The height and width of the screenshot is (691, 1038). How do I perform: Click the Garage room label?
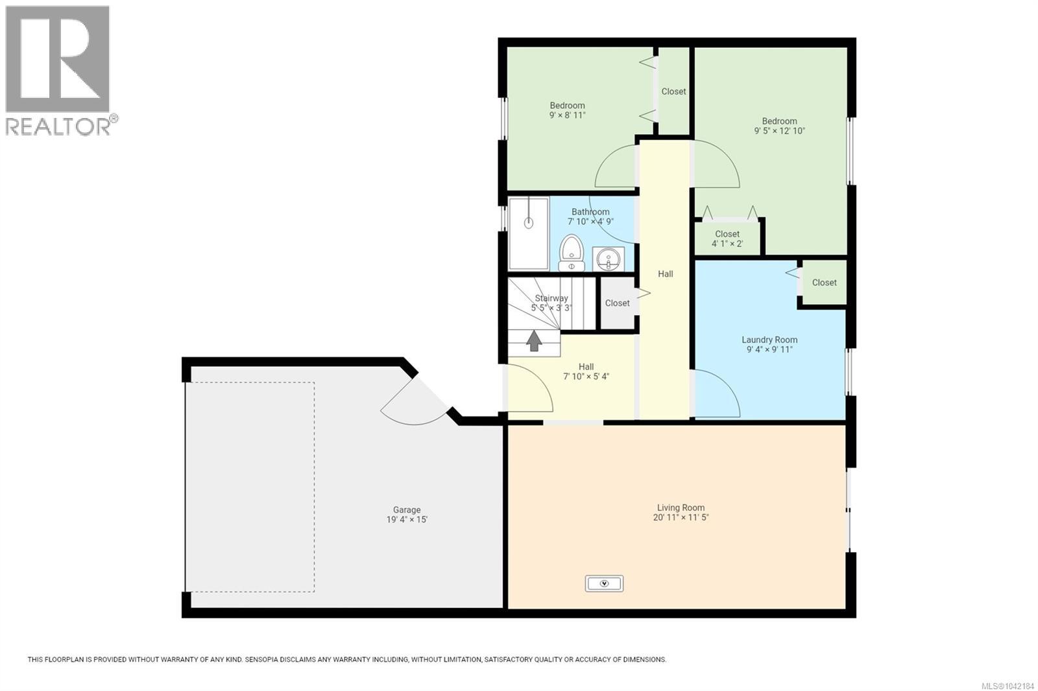[407, 509]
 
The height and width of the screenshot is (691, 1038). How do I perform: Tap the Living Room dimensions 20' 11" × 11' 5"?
[681, 517]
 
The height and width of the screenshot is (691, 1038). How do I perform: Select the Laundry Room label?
[769, 340]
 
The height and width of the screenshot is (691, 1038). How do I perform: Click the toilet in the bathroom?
[572, 253]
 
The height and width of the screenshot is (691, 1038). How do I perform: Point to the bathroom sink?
[608, 259]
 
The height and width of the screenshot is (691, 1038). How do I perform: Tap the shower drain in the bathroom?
[529, 223]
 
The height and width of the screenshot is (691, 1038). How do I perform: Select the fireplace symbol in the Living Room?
[604, 583]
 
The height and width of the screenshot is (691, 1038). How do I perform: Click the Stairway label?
[551, 298]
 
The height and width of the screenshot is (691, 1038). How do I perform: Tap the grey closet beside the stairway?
[618, 303]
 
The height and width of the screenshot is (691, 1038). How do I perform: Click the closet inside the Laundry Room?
[825, 283]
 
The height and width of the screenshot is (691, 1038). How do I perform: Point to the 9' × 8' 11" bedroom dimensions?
[568, 115]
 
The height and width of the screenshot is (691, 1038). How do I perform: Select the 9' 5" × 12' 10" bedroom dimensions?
[779, 131]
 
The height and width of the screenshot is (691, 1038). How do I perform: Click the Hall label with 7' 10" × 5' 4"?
[586, 371]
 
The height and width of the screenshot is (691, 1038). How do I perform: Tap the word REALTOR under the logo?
[58, 126]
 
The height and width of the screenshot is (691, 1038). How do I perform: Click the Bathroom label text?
[590, 212]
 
